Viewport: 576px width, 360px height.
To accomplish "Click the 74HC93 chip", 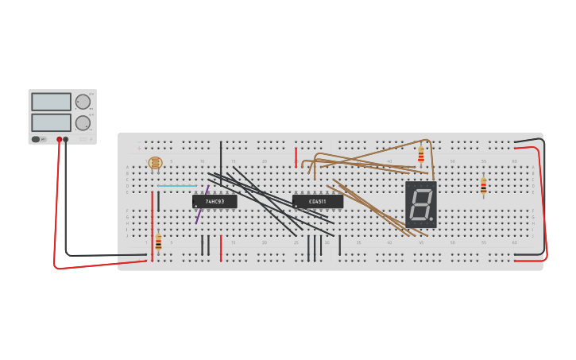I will click(215, 202).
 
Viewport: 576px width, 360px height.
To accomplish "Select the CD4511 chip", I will click(317, 202).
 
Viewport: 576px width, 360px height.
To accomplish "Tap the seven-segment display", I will click(420, 204).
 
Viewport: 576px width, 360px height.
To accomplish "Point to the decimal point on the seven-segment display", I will click(431, 218).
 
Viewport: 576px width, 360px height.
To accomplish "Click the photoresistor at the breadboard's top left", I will click(155, 164).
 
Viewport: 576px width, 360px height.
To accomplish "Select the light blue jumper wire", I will click(176, 186).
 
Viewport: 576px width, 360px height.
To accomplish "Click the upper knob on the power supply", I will click(83, 102).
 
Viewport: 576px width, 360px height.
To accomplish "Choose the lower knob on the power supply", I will click(83, 122).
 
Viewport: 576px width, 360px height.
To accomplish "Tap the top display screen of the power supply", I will click(51, 102).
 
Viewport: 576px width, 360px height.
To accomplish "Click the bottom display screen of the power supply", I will click(51, 122).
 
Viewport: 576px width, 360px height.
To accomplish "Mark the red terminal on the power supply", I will click(59, 139).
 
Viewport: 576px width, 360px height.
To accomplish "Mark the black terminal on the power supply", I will click(66, 139).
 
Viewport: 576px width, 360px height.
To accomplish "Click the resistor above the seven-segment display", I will click(420, 155).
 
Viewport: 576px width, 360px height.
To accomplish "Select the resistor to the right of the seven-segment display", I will click(483, 187).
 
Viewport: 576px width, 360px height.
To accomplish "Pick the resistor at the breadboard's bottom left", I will click(158, 242).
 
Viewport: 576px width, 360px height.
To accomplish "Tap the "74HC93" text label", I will click(215, 202).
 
